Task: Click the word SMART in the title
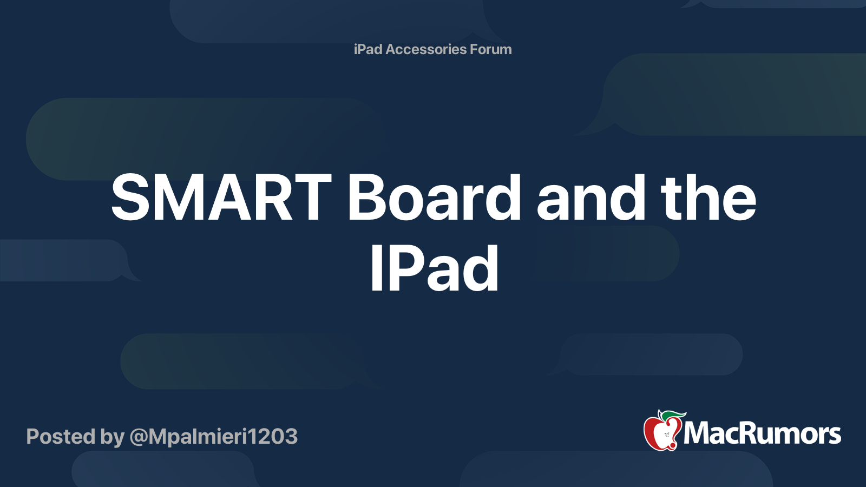coord(221,198)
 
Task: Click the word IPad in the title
coord(434,269)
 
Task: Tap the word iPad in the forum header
coord(368,49)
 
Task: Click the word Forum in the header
coord(490,49)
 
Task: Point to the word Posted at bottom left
coord(61,436)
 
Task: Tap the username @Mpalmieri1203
coord(213,436)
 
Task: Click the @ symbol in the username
coord(139,437)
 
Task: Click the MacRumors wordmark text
coord(762,434)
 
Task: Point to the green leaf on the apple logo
coord(673,414)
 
